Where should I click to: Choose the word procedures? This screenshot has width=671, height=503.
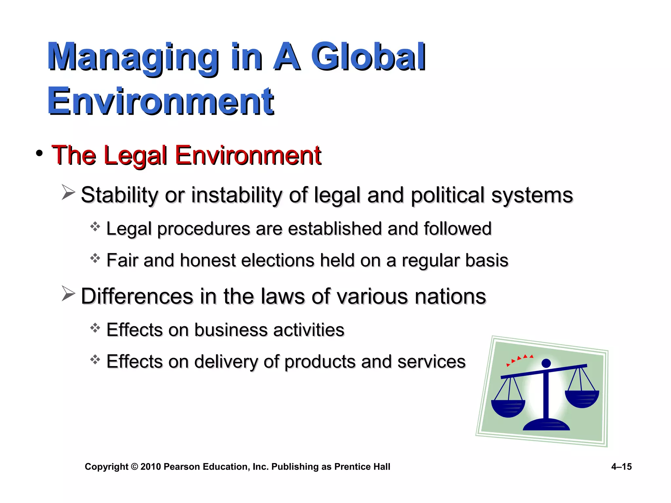click(203, 229)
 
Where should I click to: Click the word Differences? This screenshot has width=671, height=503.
click(137, 296)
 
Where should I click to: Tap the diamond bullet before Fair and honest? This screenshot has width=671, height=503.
click(95, 259)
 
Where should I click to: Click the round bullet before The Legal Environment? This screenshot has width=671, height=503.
click(40, 153)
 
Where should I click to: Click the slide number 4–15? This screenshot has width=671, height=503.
click(621, 467)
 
